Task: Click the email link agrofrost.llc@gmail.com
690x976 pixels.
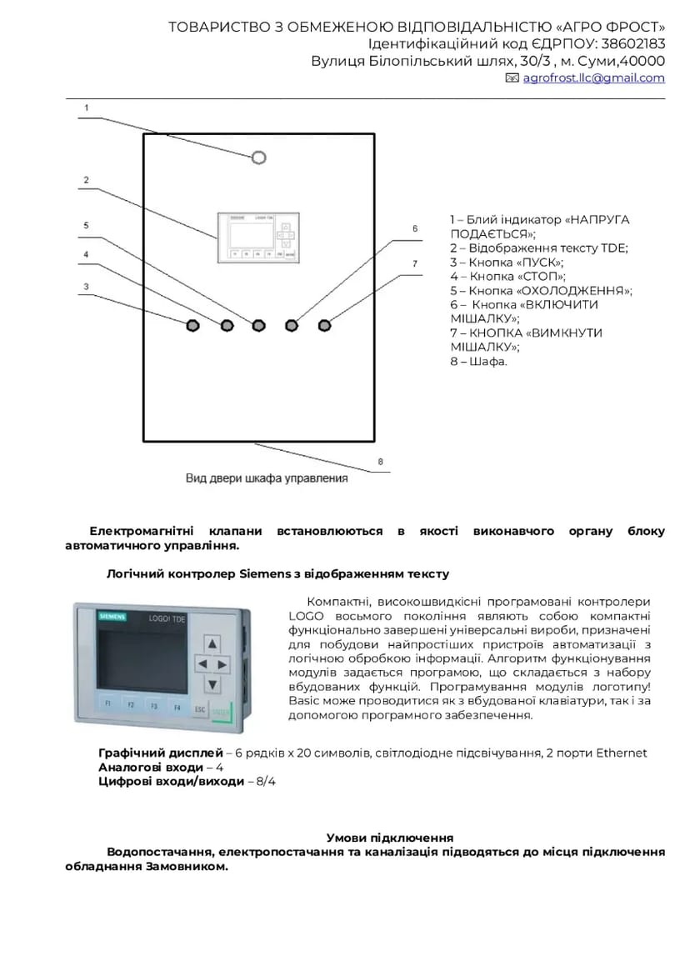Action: point(593,78)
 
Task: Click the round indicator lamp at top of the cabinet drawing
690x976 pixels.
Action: point(258,158)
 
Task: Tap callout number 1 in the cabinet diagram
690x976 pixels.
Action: point(86,108)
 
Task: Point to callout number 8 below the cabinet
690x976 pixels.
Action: point(380,461)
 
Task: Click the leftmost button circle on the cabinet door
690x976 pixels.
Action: point(192,325)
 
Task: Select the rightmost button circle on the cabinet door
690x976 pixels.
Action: point(324,324)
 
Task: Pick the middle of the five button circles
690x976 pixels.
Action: point(258,324)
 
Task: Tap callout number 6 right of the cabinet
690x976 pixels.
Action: point(414,228)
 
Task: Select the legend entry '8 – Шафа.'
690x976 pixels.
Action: point(478,362)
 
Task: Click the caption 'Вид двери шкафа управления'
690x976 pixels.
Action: point(267,479)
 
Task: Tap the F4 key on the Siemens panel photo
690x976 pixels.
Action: point(177,707)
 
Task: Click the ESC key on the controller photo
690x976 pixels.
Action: point(199,710)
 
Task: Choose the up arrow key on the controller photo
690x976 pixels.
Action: point(212,643)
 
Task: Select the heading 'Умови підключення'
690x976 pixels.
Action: point(389,837)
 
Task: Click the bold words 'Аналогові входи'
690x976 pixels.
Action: point(150,767)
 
